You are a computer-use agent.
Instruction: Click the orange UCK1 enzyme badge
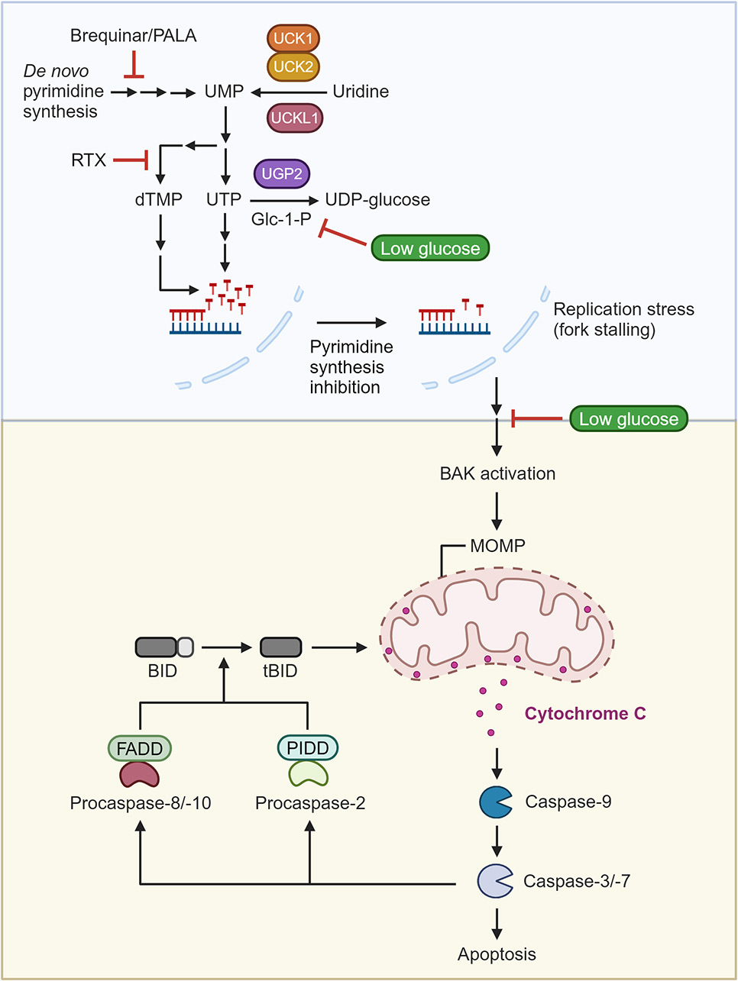point(293,38)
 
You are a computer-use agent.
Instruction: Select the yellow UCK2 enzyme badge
point(293,66)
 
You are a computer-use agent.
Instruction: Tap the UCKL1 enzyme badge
point(295,118)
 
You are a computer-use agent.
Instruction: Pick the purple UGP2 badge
point(282,173)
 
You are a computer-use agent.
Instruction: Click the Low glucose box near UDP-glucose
point(430,248)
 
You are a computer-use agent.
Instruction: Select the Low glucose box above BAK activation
point(629,418)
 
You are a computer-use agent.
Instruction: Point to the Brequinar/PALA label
point(133,35)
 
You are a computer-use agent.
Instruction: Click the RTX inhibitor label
point(89,160)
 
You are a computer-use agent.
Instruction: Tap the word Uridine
point(361,92)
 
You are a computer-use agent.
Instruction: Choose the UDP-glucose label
point(377,200)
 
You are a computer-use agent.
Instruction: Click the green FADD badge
point(140,749)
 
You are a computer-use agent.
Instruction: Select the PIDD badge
point(307,748)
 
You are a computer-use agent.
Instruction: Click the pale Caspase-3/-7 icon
point(494,881)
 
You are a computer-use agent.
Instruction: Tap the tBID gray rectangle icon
point(281,647)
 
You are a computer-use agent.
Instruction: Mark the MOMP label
point(497,546)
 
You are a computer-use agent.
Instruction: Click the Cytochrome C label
point(585,714)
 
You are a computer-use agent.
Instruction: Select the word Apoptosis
point(497,954)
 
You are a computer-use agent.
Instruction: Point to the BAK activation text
point(497,473)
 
